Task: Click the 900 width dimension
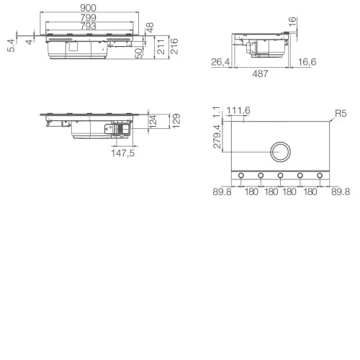pyautogui.click(x=88, y=8)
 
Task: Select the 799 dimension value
pyautogui.click(x=88, y=17)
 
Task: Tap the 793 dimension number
pyautogui.click(x=88, y=26)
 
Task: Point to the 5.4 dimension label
pyautogui.click(x=11, y=45)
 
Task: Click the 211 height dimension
pyautogui.click(x=161, y=47)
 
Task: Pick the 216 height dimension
pyautogui.click(x=174, y=46)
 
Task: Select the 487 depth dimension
pyautogui.click(x=260, y=73)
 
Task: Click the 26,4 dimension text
pyautogui.click(x=220, y=62)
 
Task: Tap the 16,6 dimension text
pyautogui.click(x=307, y=62)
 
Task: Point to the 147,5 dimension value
pyautogui.click(x=123, y=153)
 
